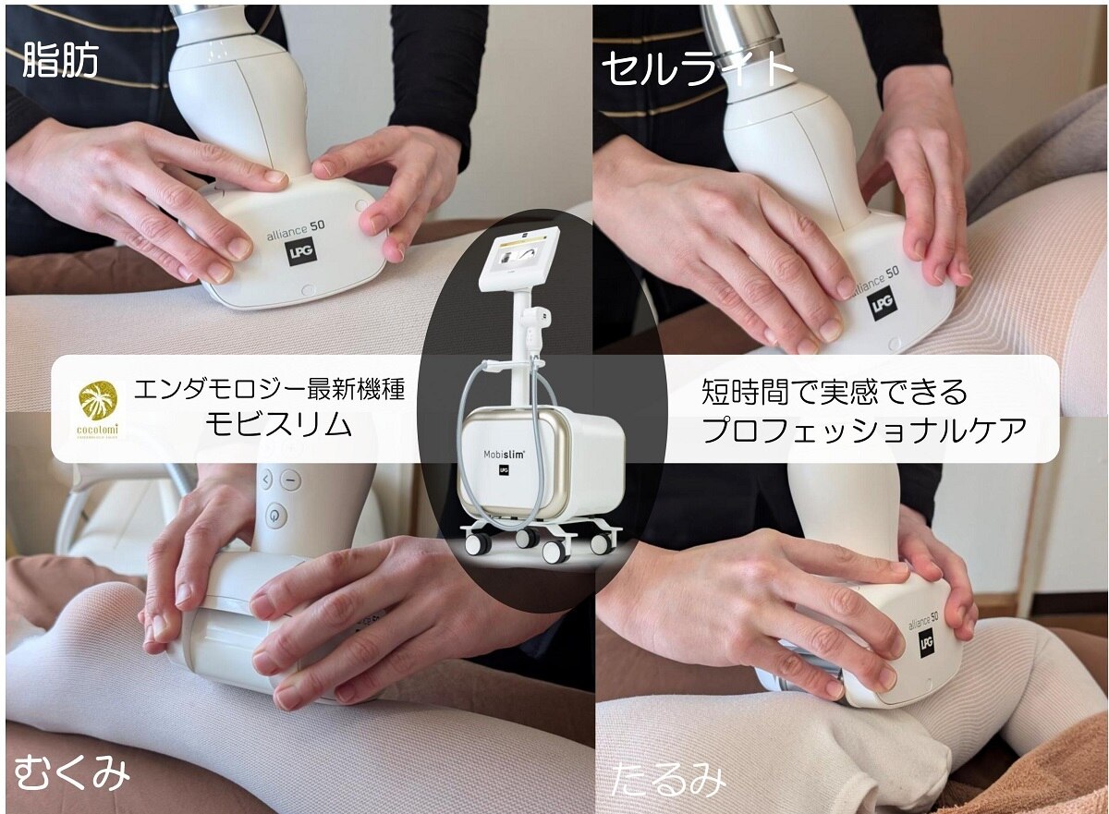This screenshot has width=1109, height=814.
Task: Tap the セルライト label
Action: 697,69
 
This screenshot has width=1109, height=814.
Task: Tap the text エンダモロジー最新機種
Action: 269,390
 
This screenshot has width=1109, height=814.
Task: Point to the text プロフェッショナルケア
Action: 864,428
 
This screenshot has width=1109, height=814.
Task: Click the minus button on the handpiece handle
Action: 291,480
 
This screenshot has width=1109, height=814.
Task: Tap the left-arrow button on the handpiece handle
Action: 266,480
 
